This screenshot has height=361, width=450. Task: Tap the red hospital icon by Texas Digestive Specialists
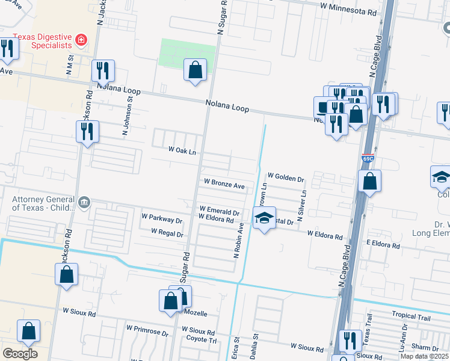[x=81, y=41]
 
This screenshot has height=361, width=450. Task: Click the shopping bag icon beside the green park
[x=196, y=70]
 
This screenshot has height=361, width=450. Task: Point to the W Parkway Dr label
[x=161, y=215]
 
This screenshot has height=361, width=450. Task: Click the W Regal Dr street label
[x=167, y=231]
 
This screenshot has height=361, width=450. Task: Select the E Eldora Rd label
[x=375, y=245]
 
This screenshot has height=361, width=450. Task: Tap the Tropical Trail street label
[x=411, y=316]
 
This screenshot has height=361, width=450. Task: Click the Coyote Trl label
[x=203, y=340]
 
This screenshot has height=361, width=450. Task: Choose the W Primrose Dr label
[x=147, y=329]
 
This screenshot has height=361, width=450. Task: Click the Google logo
[x=20, y=354]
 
